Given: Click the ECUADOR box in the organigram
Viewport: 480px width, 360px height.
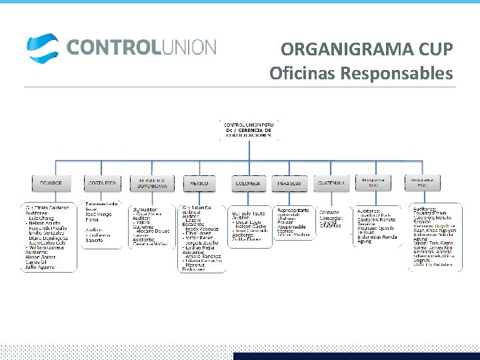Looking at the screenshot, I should [x=51, y=183].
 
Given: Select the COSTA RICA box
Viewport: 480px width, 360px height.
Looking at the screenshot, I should [x=102, y=183].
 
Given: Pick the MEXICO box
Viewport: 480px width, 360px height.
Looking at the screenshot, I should [x=199, y=183].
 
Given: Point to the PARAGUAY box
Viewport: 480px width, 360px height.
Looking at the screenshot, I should [x=289, y=183].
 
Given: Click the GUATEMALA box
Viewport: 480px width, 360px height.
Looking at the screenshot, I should [x=331, y=183].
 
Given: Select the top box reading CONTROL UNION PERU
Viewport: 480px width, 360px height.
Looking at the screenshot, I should [x=249, y=130].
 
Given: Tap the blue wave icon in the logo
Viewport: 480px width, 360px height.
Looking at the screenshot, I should [x=43, y=47].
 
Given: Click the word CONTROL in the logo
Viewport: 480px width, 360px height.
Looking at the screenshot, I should [x=110, y=47].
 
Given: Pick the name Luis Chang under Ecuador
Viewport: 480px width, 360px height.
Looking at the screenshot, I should [x=41, y=218].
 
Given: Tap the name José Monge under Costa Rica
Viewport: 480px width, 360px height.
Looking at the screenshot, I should [x=98, y=214].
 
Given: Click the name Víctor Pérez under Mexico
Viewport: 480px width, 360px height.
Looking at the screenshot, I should [x=201, y=237].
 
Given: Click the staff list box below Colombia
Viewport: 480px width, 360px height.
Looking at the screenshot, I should [x=249, y=227].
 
